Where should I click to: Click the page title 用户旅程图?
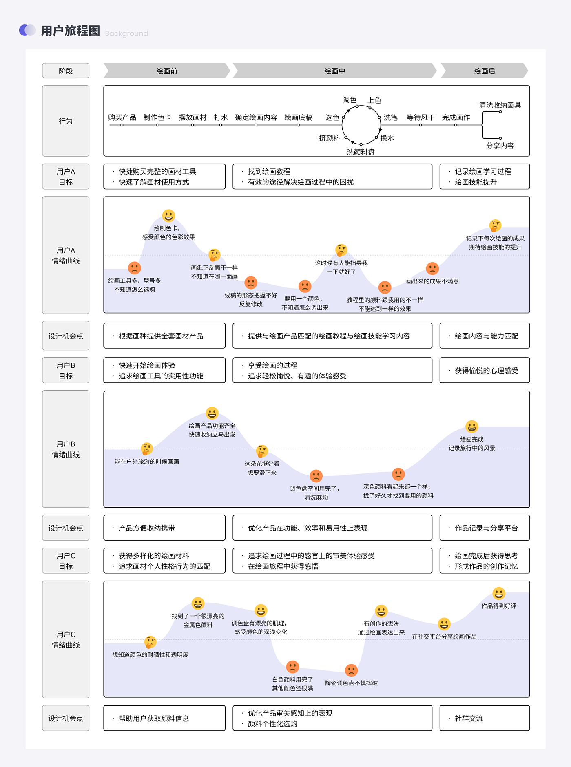point(70,31)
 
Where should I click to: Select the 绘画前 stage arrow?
point(166,71)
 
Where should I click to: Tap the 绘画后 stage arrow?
point(484,71)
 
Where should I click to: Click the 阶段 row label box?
point(66,71)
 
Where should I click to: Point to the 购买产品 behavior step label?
point(122,117)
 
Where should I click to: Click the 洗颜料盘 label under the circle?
point(361,152)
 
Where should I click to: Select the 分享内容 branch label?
point(500,146)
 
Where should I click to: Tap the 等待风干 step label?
point(420,117)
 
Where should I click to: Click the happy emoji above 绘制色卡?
point(168,216)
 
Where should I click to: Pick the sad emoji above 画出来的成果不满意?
point(432,269)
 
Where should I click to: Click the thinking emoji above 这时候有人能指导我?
point(341,250)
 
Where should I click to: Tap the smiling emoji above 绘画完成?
point(472,427)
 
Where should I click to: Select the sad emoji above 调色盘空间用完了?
point(316,476)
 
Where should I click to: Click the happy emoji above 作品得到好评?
point(499,593)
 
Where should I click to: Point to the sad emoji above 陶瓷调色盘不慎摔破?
point(351,670)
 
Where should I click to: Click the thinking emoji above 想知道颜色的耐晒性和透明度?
point(150,642)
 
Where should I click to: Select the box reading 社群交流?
point(485,718)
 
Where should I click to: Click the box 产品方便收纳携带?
point(164,528)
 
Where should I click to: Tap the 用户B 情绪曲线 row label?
point(66,449)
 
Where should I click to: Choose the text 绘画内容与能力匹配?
point(486,336)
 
